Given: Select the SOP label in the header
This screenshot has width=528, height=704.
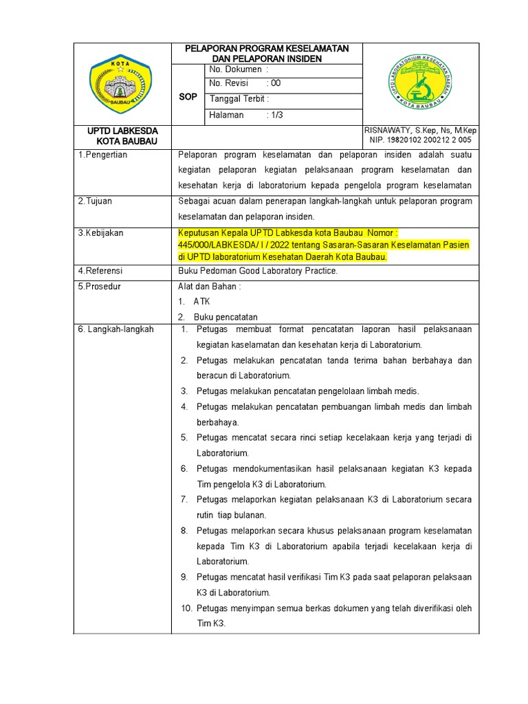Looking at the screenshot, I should [x=188, y=97].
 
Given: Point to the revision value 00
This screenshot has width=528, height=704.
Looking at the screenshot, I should [x=274, y=83].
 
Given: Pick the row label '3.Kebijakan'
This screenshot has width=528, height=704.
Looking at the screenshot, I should [x=100, y=233].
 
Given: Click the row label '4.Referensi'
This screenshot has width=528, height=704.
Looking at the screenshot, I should [x=100, y=271].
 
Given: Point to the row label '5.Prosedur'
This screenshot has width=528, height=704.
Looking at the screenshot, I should [x=100, y=286].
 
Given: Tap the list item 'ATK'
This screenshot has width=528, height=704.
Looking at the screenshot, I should [x=202, y=302].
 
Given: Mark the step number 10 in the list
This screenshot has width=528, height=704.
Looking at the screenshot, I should [x=186, y=608].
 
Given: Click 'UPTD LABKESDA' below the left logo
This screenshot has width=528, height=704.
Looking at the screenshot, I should [x=122, y=131].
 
